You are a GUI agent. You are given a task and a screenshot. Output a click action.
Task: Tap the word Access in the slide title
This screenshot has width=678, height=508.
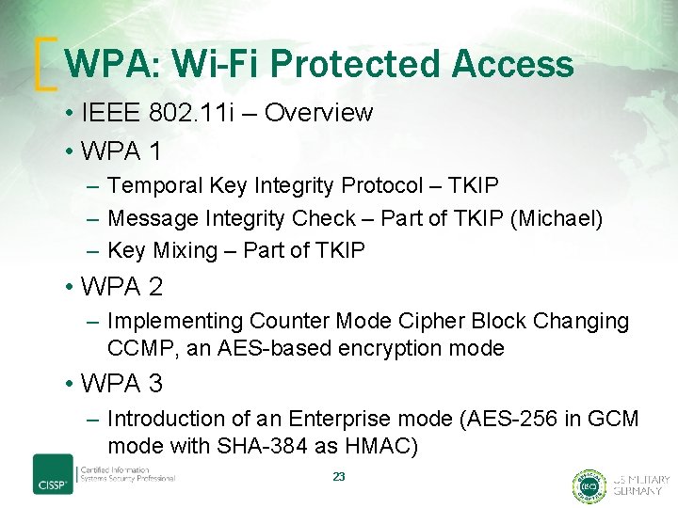coord(512,64)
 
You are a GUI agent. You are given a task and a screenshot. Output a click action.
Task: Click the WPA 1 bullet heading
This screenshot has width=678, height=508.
coord(121,151)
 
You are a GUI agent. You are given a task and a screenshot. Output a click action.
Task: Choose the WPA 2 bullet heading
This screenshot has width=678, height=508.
coord(121,284)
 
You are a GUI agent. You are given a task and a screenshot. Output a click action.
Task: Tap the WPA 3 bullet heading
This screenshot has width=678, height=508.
coord(121,383)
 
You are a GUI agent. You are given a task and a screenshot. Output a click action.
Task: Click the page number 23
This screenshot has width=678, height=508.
coord(339,477)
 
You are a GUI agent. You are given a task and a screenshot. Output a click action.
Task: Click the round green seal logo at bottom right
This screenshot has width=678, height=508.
coord(589,485)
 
